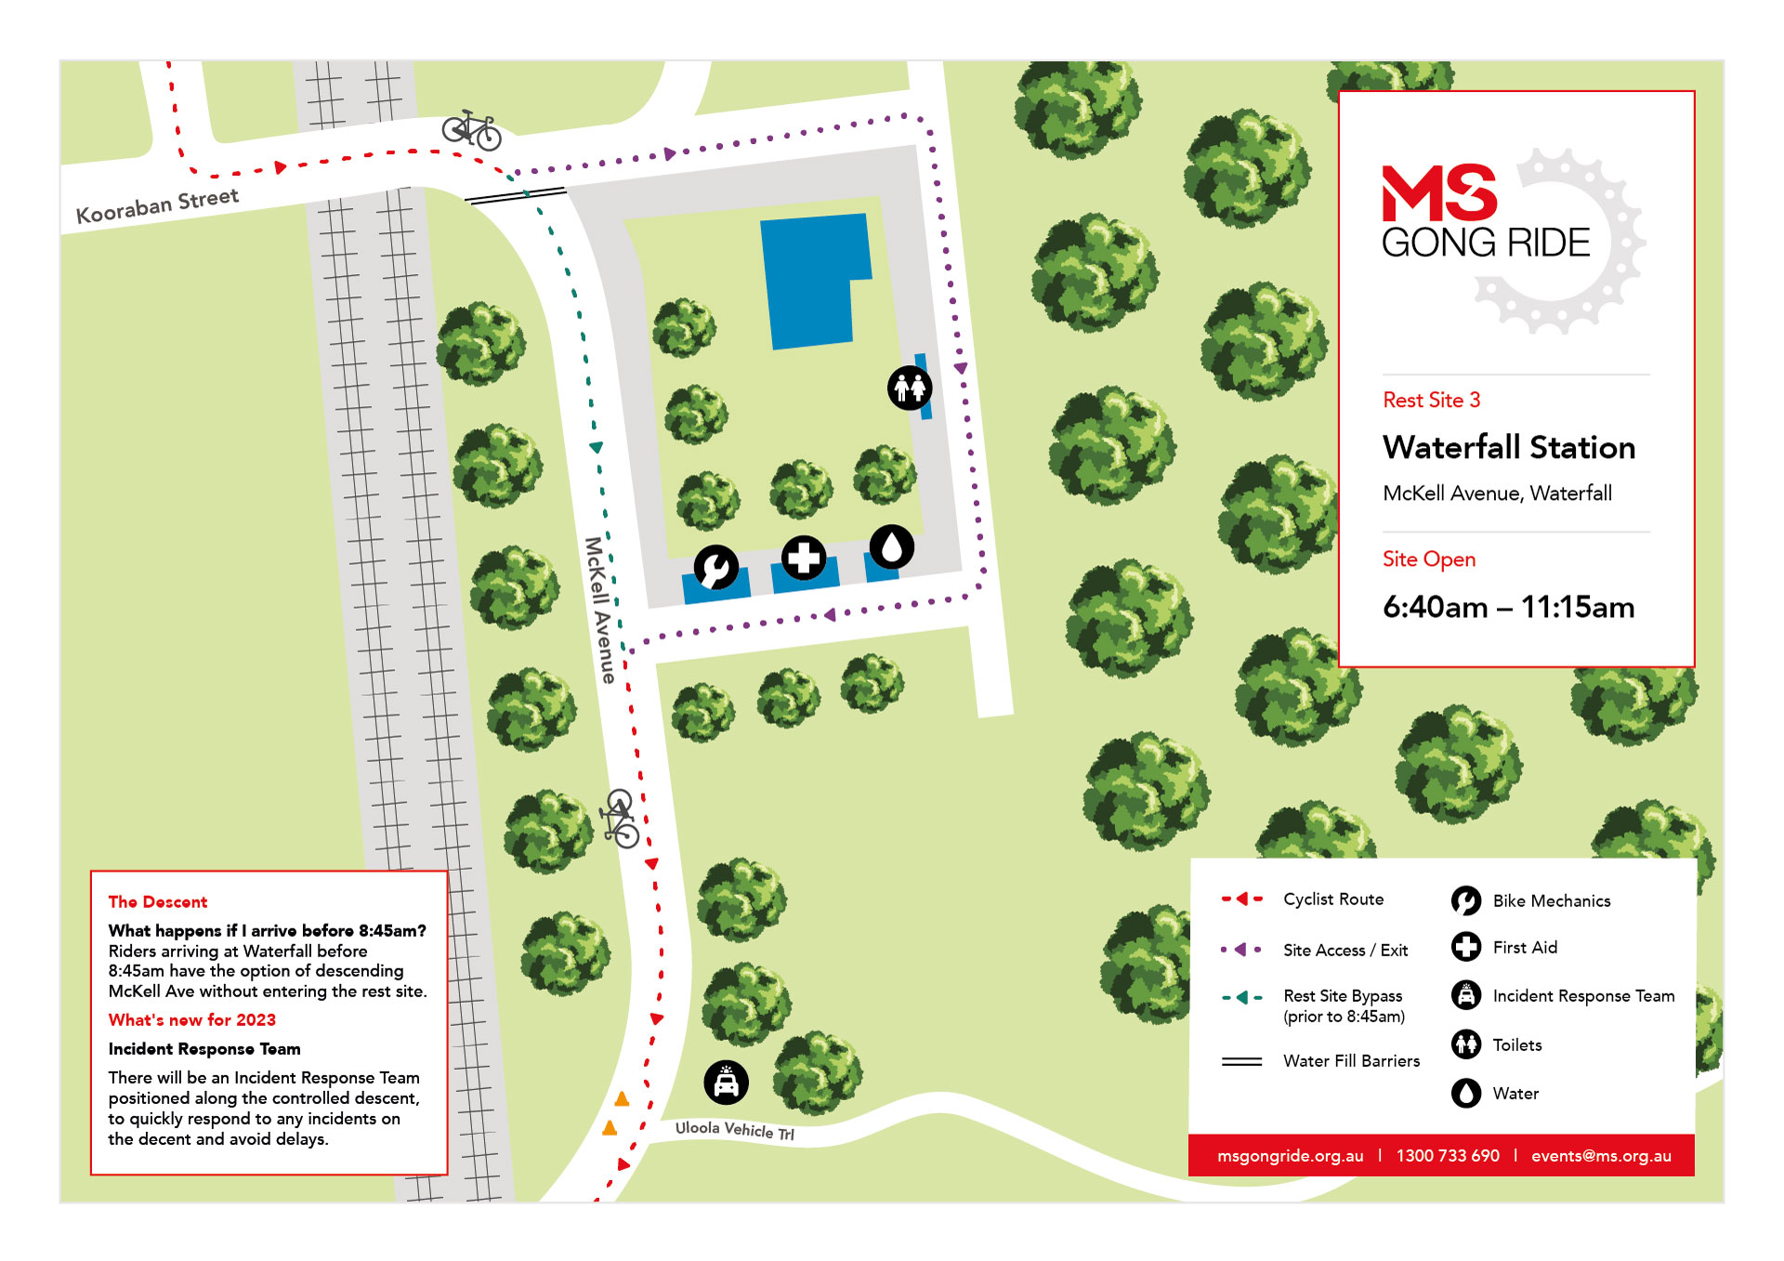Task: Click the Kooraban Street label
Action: [157, 206]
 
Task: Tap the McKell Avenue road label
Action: [600, 610]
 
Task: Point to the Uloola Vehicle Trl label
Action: [734, 1129]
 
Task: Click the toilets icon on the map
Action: [909, 387]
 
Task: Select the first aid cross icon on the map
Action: [804, 558]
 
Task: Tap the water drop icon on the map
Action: [892, 546]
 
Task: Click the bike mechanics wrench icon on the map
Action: [716, 567]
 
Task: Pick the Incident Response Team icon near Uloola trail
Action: [726, 1082]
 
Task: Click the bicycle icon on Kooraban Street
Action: [472, 130]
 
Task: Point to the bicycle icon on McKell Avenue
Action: [620, 819]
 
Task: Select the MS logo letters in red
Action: [1438, 193]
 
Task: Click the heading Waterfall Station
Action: [1508, 447]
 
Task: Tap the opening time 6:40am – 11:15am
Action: [1508, 607]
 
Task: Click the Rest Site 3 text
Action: [1431, 400]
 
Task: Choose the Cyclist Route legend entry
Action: [1332, 899]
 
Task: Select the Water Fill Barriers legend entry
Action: [1350, 1060]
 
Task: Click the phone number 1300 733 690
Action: [1447, 1155]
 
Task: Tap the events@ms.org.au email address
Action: [1600, 1155]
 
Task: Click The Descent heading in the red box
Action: [158, 901]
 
